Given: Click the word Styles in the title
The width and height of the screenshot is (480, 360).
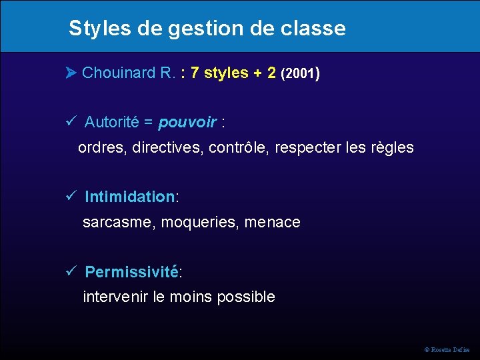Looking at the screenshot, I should pyautogui.click(x=93, y=29).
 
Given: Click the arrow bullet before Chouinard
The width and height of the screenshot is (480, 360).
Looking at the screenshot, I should pyautogui.click(x=71, y=73).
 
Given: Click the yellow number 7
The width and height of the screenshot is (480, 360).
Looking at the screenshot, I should pyautogui.click(x=195, y=73).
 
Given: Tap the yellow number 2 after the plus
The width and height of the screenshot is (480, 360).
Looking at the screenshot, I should pyautogui.click(x=271, y=73).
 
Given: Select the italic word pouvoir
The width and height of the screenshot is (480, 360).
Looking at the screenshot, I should pyautogui.click(x=187, y=123).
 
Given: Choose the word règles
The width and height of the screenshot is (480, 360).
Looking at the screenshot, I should pyautogui.click(x=392, y=147).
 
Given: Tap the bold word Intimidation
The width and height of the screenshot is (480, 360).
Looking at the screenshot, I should pyautogui.click(x=129, y=197).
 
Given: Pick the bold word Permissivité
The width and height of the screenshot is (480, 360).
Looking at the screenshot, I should pyautogui.click(x=131, y=272).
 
